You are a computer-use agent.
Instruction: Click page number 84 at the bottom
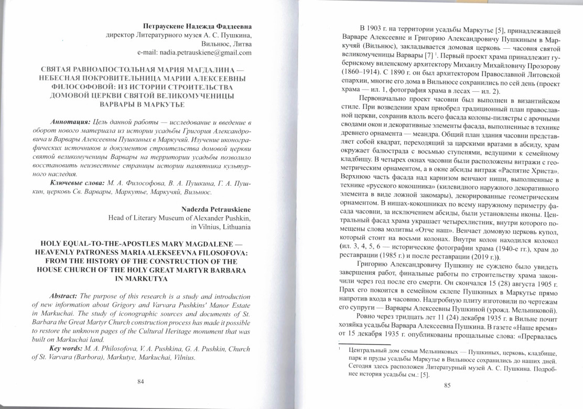pyautogui.click(x=141, y=381)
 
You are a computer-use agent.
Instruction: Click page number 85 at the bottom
pyautogui.click(x=447, y=386)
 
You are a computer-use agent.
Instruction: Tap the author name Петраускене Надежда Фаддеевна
pyautogui.click(x=197, y=26)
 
